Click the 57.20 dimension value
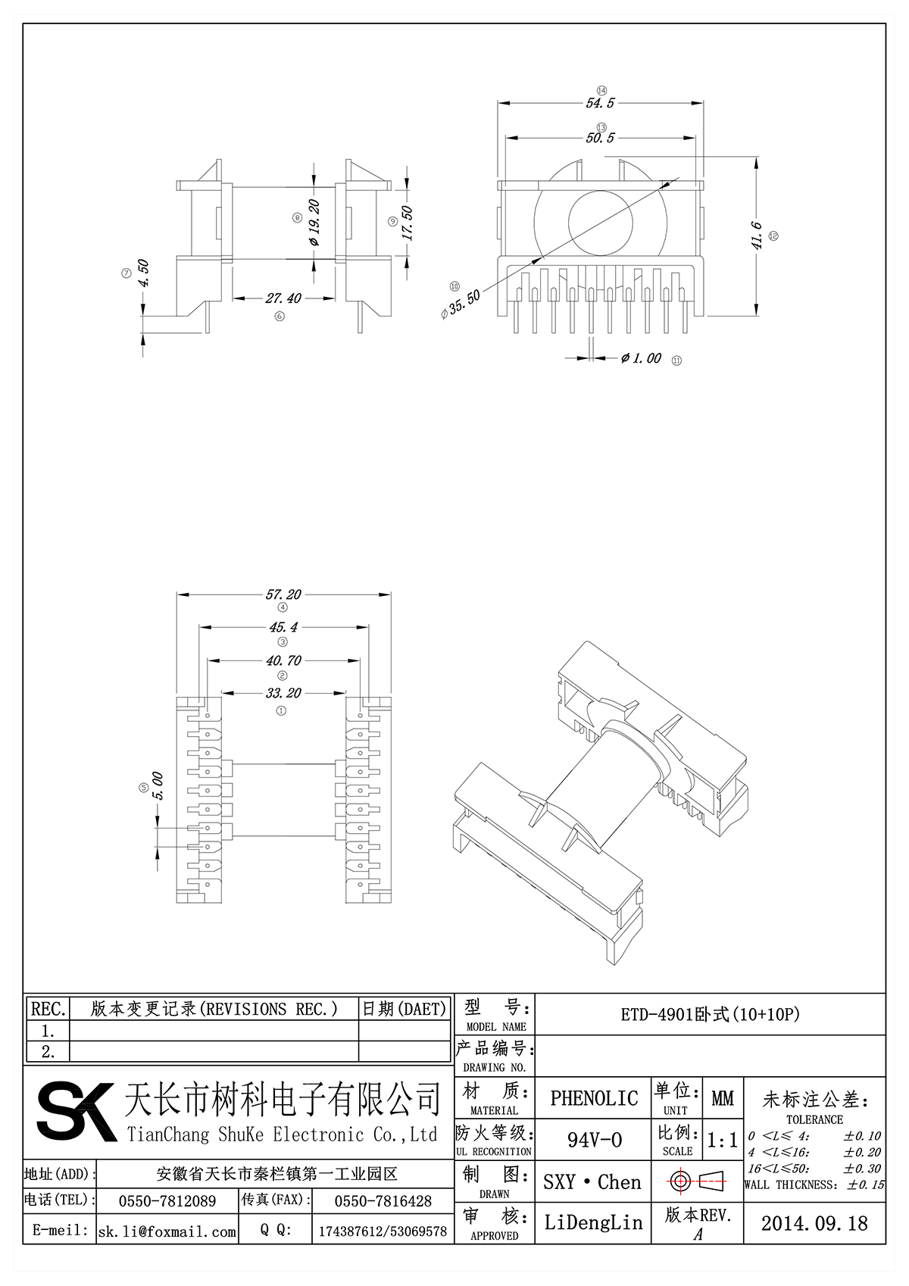pos(283,595)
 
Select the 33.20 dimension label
pos(283,693)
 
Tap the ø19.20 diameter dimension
pos(314,222)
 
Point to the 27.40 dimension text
pos(283,298)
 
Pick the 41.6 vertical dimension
pos(756,236)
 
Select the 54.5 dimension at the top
pos(600,103)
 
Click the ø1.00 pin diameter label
pos(641,358)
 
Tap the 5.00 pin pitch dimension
pos(158,785)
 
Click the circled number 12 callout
pos(773,236)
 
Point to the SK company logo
pos(73,1111)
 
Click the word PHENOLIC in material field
pos(594,1098)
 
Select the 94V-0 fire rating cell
pos(594,1140)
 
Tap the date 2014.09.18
pos(814,1223)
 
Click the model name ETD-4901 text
pos(710,1014)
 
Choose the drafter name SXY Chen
pos(592,1182)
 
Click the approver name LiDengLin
pos(593,1222)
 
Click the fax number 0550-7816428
pos(383,1201)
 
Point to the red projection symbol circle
pos(679,1181)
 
